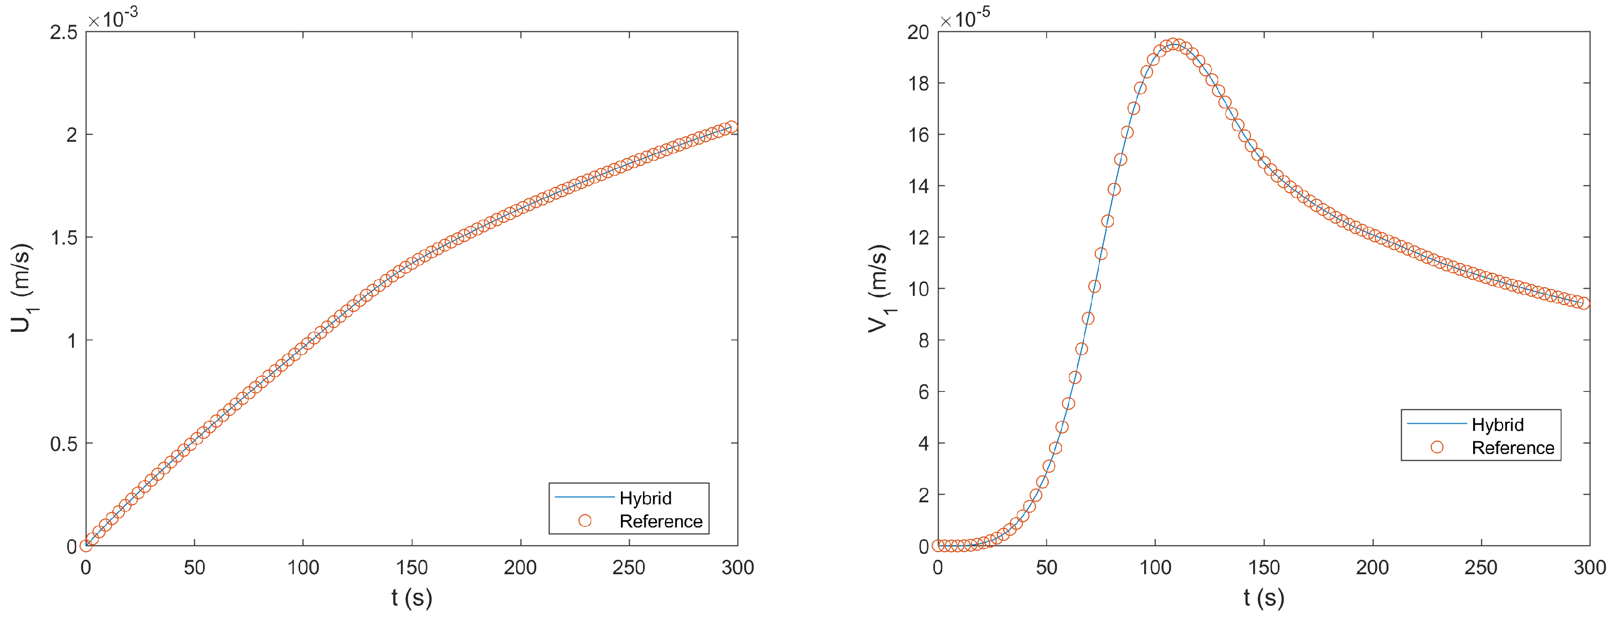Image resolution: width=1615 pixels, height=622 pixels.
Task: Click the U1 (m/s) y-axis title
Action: [x=21, y=288]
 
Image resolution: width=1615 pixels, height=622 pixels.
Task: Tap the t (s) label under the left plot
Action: [x=411, y=597]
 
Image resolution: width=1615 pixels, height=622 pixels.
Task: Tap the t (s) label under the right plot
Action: [x=1263, y=597]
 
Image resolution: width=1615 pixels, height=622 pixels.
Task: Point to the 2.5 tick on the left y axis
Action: [x=63, y=32]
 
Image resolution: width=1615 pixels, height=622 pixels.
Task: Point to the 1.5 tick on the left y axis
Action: [x=63, y=237]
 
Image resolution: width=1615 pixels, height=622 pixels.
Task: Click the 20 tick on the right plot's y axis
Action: [x=918, y=32]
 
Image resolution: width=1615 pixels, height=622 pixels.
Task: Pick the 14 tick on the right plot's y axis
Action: [x=918, y=186]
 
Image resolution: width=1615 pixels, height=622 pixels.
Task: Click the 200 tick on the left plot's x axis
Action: [x=520, y=568]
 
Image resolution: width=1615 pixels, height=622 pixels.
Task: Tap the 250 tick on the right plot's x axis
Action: [x=1481, y=568]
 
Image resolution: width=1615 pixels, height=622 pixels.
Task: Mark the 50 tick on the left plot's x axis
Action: [x=194, y=568]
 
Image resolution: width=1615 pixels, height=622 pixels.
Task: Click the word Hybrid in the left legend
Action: [x=645, y=498]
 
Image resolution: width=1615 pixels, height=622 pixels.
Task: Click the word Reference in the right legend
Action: [x=1513, y=448]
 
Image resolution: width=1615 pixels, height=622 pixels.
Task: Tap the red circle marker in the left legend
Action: [x=585, y=520]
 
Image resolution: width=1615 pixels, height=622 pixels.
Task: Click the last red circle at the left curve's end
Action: [x=731, y=127]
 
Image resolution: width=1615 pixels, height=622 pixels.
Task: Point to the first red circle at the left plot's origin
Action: [x=86, y=545]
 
